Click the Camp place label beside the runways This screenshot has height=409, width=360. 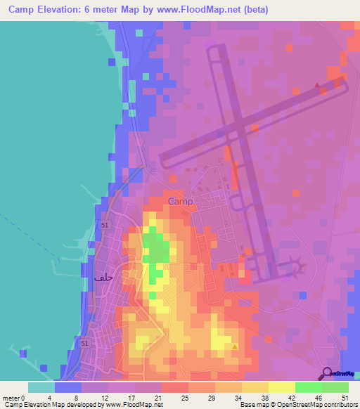[x=181, y=202]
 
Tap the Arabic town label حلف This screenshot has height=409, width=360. [x=103, y=278]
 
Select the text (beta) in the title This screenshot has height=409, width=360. [x=255, y=10]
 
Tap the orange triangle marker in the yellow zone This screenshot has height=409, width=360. [x=234, y=346]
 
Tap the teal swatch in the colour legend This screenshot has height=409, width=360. [x=41, y=387]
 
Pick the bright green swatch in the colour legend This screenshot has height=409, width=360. [x=308, y=387]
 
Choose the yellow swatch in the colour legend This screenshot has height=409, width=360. [x=281, y=387]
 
